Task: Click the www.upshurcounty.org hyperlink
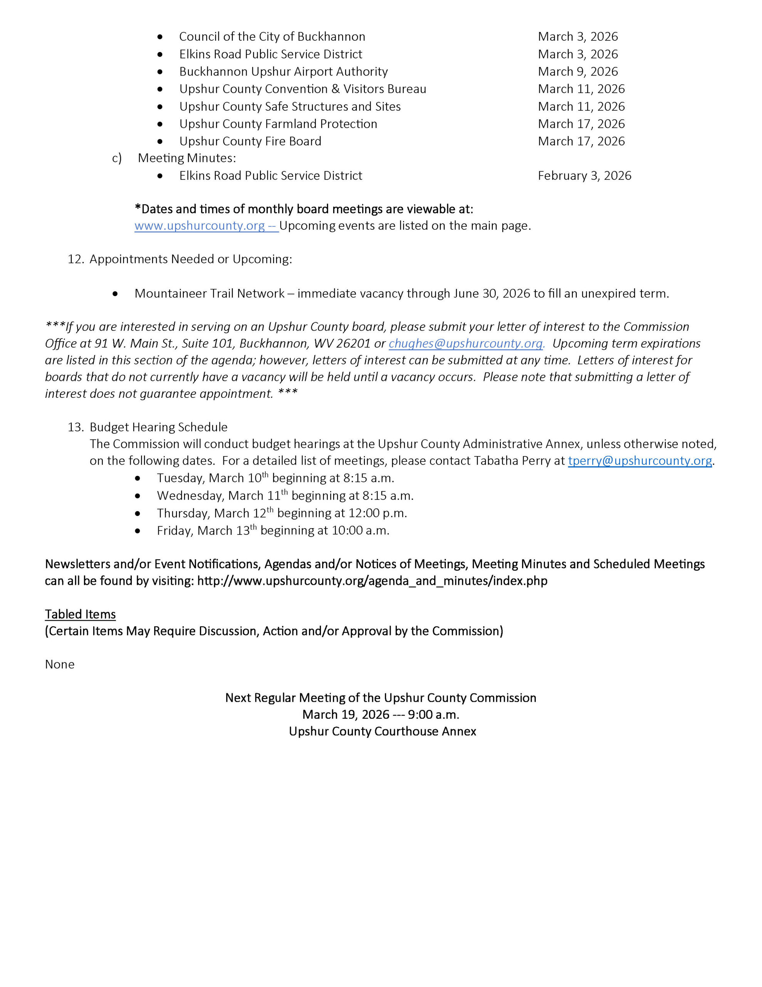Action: pyautogui.click(x=200, y=226)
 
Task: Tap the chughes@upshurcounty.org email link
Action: pyautogui.click(x=466, y=344)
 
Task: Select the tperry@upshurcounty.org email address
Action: pyautogui.click(x=639, y=461)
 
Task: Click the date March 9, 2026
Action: pyautogui.click(x=578, y=72)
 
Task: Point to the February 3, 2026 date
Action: pyautogui.click(x=584, y=176)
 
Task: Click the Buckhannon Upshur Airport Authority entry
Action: pyautogui.click(x=283, y=72)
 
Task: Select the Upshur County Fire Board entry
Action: pyautogui.click(x=250, y=141)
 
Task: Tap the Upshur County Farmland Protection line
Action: pyautogui.click(x=278, y=124)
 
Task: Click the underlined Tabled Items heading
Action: pyautogui.click(x=81, y=614)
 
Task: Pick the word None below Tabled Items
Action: pyautogui.click(x=60, y=664)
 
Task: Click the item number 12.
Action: pyautogui.click(x=76, y=259)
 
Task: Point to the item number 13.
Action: pyautogui.click(x=76, y=427)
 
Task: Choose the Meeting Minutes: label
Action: pyautogui.click(x=186, y=158)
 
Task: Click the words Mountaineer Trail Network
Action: pyautogui.click(x=210, y=294)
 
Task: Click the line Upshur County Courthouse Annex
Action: pyautogui.click(x=382, y=731)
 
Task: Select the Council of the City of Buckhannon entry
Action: pyautogui.click(x=272, y=37)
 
